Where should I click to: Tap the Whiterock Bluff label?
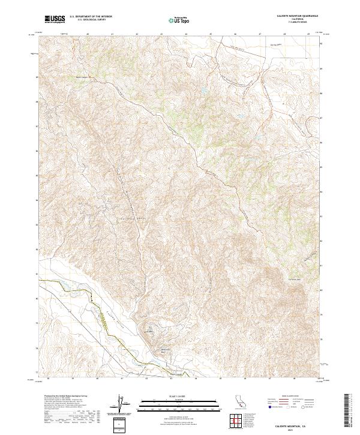pos(164,350)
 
